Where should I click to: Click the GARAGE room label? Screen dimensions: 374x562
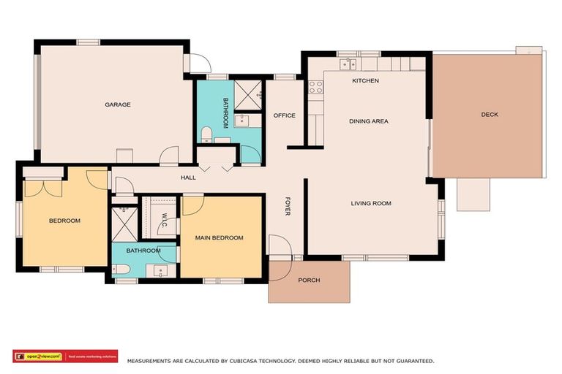[117, 104]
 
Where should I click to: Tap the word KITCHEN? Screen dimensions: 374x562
[365, 80]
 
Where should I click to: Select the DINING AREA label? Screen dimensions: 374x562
[368, 121]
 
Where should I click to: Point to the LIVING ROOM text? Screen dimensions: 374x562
[371, 203]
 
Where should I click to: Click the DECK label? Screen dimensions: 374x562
[490, 114]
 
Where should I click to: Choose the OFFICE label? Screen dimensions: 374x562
[284, 115]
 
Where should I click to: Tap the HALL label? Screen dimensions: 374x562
[189, 178]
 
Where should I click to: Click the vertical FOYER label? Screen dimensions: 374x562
[288, 206]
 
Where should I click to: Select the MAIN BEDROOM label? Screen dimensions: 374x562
[219, 237]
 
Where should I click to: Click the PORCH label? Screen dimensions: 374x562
[309, 280]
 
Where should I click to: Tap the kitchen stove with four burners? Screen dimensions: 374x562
[315, 88]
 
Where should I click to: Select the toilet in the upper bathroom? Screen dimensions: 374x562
[207, 134]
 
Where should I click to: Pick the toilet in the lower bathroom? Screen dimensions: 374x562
[122, 270]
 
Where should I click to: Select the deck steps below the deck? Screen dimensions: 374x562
[473, 194]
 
